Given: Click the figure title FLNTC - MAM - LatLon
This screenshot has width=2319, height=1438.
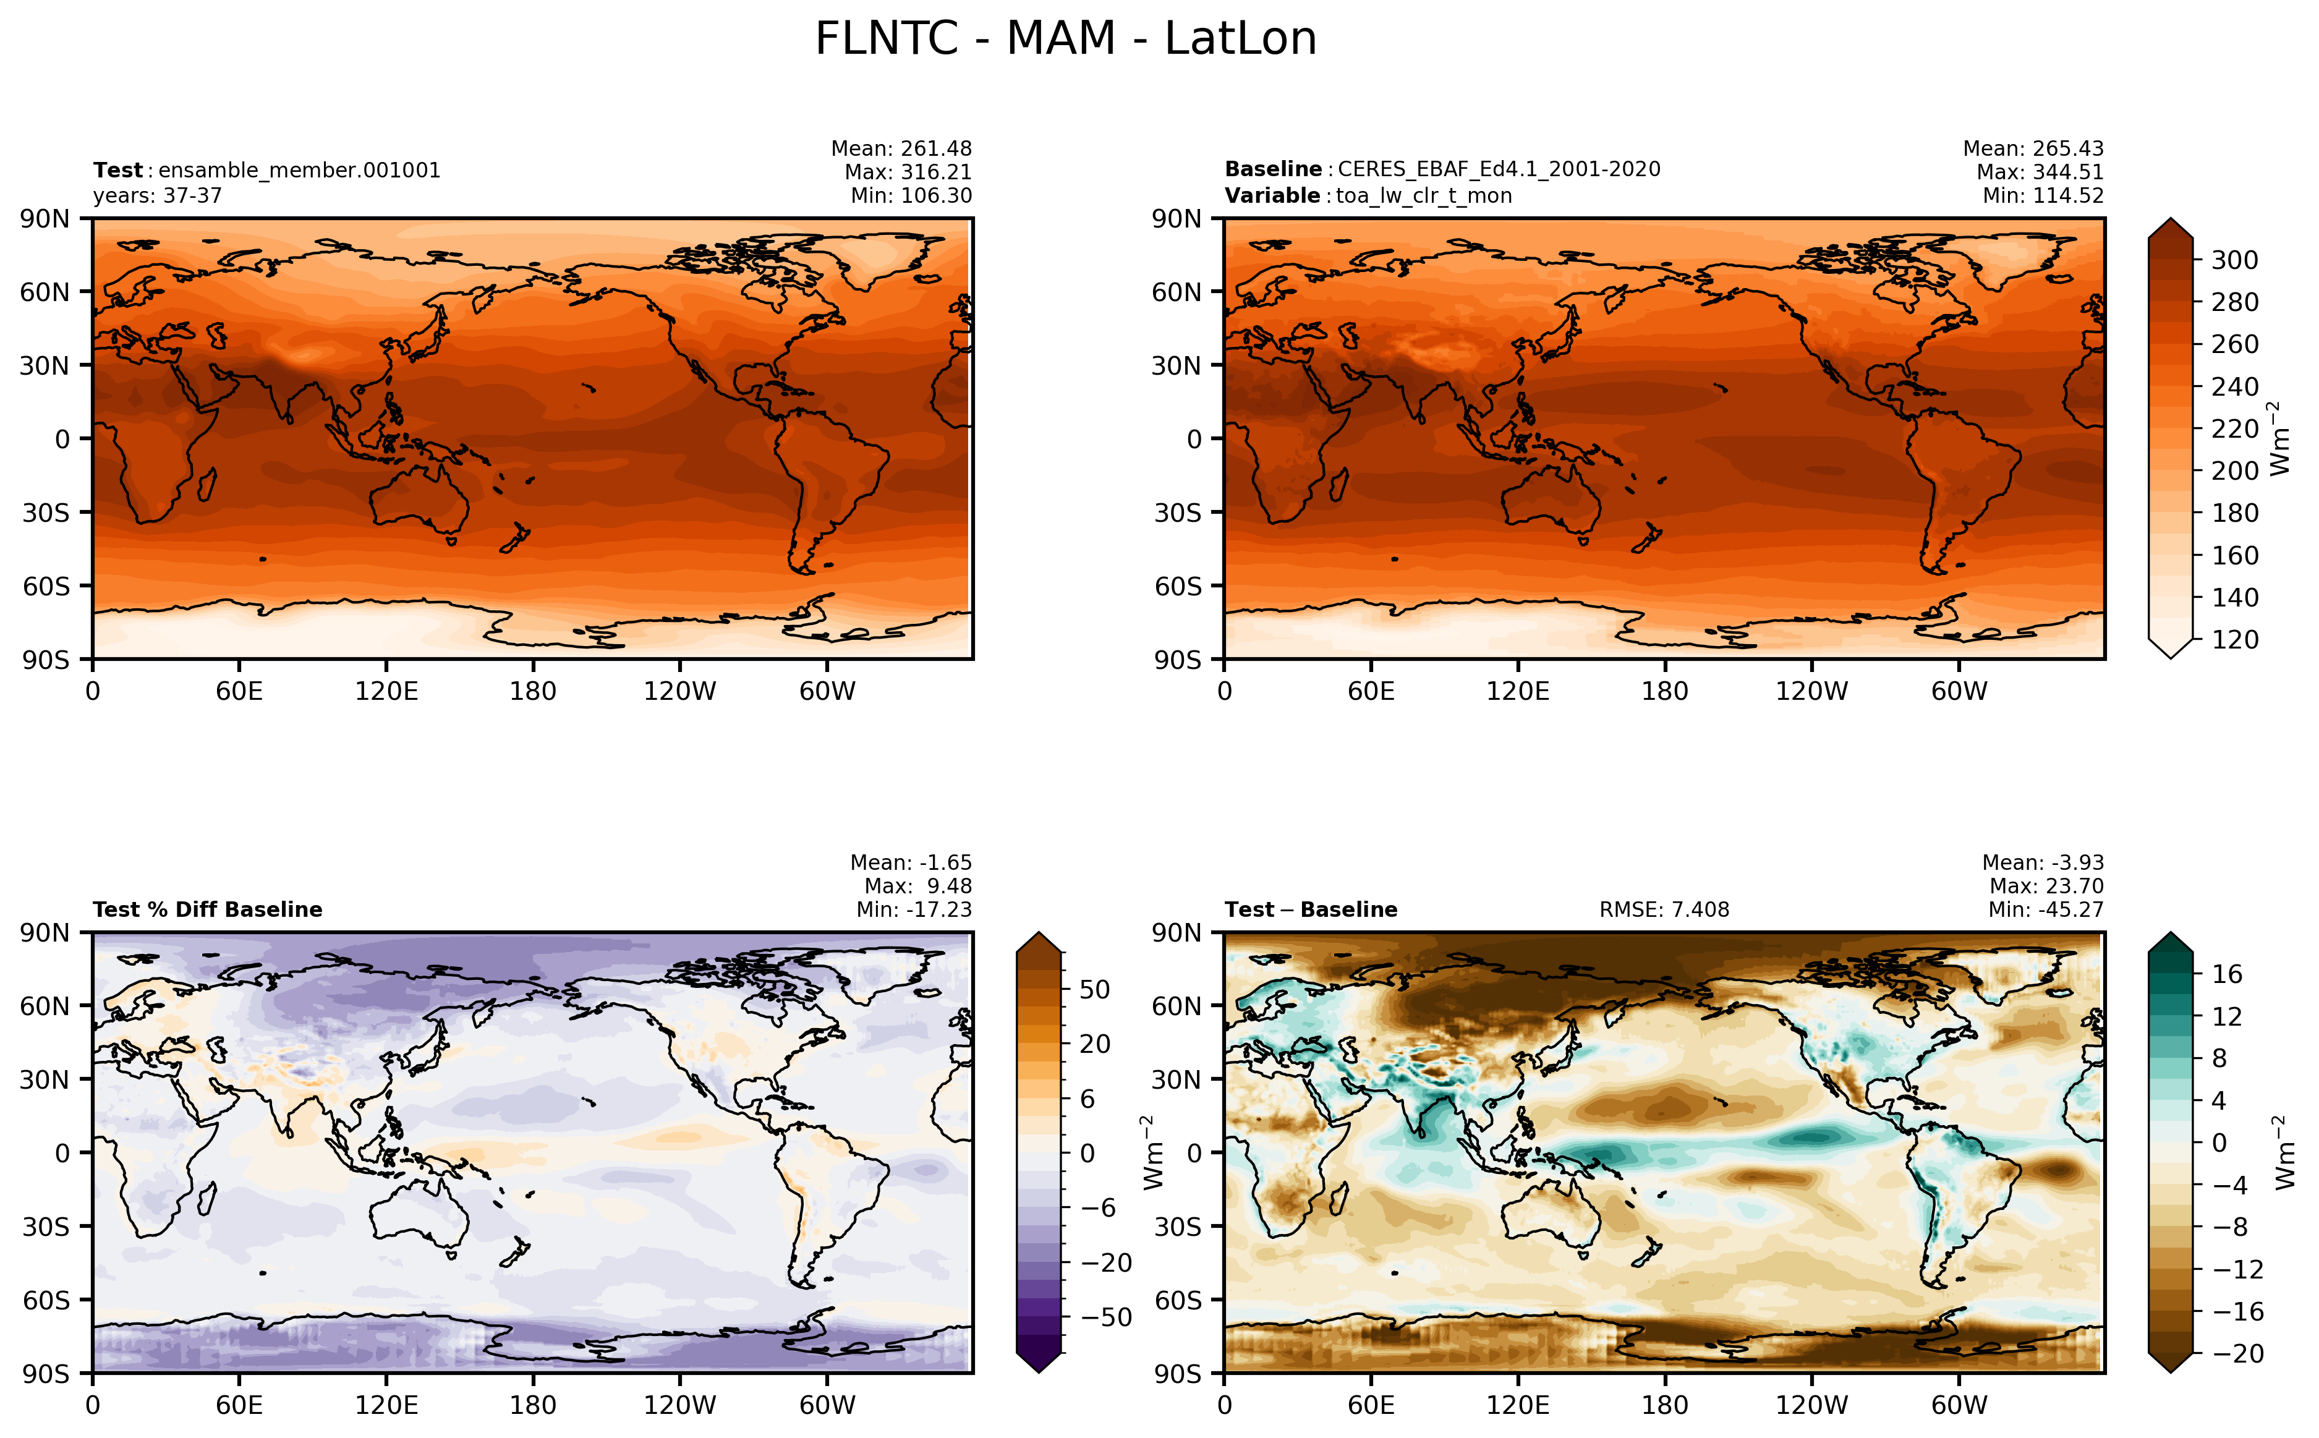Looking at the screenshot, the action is pos(1066,39).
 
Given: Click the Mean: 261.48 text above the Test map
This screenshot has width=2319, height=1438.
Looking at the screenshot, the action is pos(901,148).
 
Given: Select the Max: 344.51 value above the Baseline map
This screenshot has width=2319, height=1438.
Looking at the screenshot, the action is pos(2040,172).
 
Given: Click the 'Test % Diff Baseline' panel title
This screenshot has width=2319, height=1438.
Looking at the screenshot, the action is pos(207,909).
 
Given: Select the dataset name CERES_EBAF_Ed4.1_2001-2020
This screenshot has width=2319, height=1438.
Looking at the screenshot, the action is pos(1499,169).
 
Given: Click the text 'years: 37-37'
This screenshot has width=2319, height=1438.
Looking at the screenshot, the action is pos(158,196).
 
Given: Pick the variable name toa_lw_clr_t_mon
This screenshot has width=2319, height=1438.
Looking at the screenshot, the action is pos(1423,196).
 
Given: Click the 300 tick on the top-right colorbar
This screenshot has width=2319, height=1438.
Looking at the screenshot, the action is pos(2234,260).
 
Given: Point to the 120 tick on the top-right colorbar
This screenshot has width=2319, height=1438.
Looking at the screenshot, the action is pos(2234,639).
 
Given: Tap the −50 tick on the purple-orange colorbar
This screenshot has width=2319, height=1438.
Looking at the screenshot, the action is pos(1106,1317).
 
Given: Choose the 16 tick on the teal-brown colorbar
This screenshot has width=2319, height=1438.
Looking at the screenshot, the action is pos(2227,974).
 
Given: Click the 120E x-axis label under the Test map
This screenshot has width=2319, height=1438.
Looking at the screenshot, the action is pos(386,691).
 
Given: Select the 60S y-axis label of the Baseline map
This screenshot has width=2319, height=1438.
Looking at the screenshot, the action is pos(1177,586).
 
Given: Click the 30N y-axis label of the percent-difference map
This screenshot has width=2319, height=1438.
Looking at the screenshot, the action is pos(45,1079).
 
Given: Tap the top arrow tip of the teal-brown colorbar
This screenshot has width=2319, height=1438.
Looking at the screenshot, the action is pos(2171,933).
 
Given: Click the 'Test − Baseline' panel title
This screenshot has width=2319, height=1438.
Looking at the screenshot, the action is pos(1311,909).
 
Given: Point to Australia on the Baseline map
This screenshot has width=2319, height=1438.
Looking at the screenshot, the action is pos(1552,498).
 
